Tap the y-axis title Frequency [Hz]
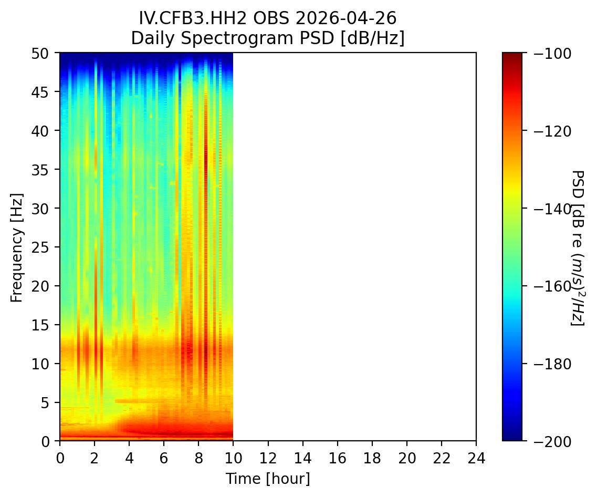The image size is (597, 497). (x=17, y=247)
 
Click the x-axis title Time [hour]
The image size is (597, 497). (x=268, y=479)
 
